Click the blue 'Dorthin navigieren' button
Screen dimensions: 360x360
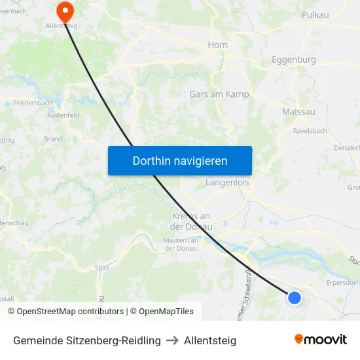click(180, 160)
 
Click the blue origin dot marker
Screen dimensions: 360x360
click(295, 298)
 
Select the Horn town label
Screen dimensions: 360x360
click(217, 45)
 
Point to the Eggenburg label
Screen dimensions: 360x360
click(293, 60)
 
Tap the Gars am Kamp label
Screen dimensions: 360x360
click(219, 94)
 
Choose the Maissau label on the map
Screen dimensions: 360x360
click(298, 112)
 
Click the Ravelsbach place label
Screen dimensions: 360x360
click(310, 130)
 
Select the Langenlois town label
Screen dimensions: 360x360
click(227, 183)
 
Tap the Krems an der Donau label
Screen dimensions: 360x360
click(190, 221)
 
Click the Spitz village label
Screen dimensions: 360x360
click(101, 268)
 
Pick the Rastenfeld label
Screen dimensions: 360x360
click(63, 115)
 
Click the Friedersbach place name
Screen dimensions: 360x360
click(32, 103)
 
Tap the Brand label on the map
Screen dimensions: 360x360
click(52, 139)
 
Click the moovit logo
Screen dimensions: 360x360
click(321, 340)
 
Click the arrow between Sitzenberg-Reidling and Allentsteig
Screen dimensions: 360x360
click(172, 340)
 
